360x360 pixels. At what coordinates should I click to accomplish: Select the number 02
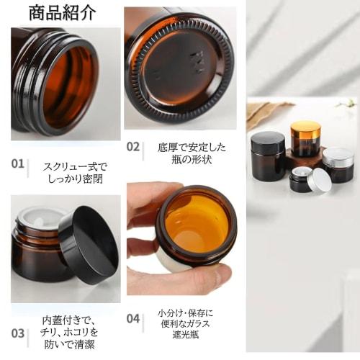click(x=133, y=146)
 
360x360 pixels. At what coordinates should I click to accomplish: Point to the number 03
click(x=18, y=333)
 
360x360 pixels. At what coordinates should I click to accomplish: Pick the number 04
click(x=133, y=318)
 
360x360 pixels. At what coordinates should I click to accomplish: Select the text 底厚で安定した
click(x=192, y=148)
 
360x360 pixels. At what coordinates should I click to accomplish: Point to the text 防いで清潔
click(x=69, y=345)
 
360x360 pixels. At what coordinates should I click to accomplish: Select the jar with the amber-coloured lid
click(x=305, y=138)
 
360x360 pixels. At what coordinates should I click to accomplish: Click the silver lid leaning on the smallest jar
click(x=319, y=181)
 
